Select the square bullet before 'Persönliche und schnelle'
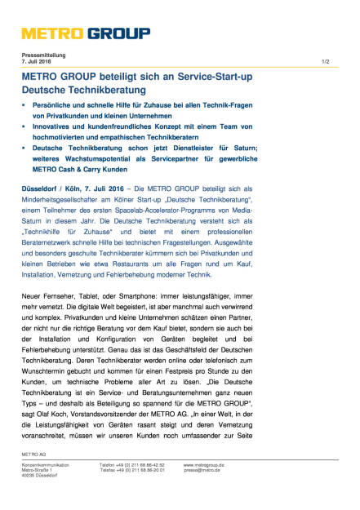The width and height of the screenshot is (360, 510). [24, 107]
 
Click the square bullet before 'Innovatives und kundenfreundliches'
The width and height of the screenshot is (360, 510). [24, 128]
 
